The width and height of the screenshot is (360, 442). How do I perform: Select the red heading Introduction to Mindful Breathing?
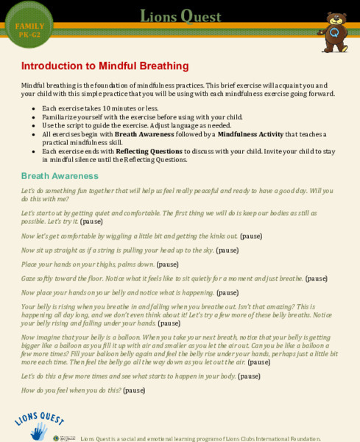click(x=105, y=66)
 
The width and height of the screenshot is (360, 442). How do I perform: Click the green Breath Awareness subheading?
click(x=60, y=176)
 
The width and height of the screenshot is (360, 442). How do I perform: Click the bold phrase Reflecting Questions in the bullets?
click(x=149, y=151)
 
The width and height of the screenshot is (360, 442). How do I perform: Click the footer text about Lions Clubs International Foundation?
click(x=200, y=438)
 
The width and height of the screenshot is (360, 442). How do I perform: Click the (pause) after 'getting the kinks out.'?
click(x=251, y=236)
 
